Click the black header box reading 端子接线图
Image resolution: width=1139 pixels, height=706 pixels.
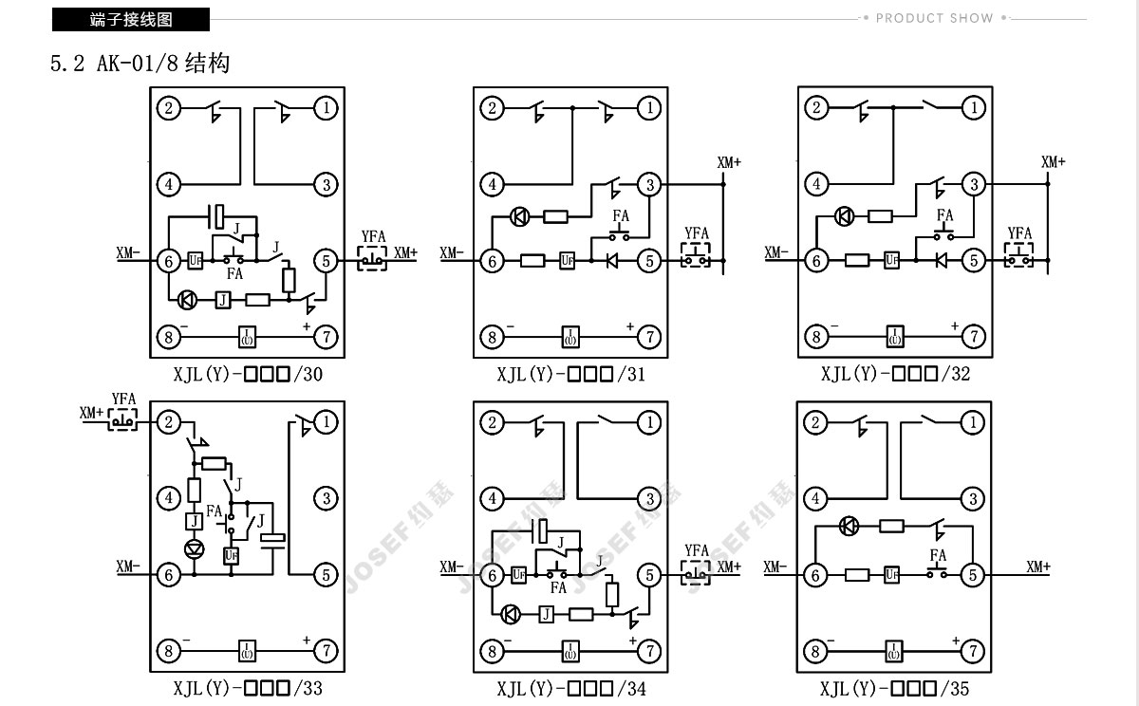pyautogui.click(x=131, y=19)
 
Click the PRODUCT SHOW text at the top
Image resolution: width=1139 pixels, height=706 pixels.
pyautogui.click(x=934, y=18)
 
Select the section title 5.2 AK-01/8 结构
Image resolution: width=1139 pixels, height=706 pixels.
pyautogui.click(x=140, y=64)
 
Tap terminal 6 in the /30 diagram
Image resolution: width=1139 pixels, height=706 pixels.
pyautogui.click(x=169, y=261)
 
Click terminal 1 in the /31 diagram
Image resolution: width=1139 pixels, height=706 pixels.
pyautogui.click(x=649, y=108)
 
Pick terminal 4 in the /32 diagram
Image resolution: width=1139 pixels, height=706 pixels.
pyautogui.click(x=816, y=184)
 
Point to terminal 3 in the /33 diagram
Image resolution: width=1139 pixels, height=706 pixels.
pyautogui.click(x=326, y=498)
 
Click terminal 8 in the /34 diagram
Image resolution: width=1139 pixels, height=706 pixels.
pyautogui.click(x=493, y=651)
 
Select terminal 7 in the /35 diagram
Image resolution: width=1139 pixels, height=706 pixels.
pyautogui.click(x=973, y=651)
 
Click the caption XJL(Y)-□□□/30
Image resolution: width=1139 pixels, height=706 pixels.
pyautogui.click(x=248, y=375)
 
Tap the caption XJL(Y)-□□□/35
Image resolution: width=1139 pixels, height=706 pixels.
pyautogui.click(x=894, y=689)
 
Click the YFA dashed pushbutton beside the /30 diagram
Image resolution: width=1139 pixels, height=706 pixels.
pyautogui.click(x=372, y=259)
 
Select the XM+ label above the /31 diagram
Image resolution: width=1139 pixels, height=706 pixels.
pyautogui.click(x=729, y=162)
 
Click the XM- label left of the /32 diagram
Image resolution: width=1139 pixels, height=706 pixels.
pyautogui.click(x=776, y=252)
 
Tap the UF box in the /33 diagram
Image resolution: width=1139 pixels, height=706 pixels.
pyautogui.click(x=232, y=555)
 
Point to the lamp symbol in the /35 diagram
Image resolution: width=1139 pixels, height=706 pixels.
pyautogui.click(x=849, y=526)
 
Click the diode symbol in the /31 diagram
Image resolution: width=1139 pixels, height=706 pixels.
pyautogui.click(x=612, y=261)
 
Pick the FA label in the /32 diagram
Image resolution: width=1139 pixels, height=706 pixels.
pyautogui.click(x=944, y=215)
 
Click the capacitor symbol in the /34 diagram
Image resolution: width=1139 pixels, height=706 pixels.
pyautogui.click(x=542, y=531)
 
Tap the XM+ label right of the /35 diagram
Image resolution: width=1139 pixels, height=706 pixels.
pyautogui.click(x=1038, y=567)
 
